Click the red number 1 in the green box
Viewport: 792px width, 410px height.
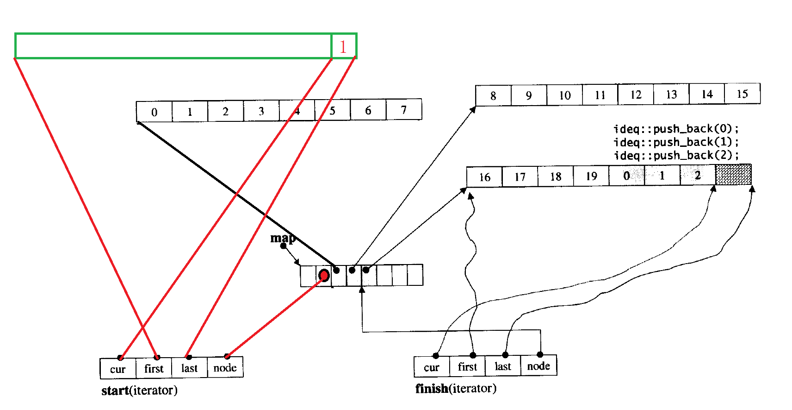(x=343, y=47)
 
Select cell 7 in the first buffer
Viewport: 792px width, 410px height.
(x=403, y=110)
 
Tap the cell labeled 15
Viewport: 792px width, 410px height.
(x=742, y=94)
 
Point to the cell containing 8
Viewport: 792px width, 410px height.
(x=493, y=95)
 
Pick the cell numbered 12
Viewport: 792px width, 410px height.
(x=636, y=95)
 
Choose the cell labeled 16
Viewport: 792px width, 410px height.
(x=484, y=177)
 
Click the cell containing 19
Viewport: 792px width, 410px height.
(x=591, y=176)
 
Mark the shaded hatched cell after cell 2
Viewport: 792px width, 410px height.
(x=733, y=175)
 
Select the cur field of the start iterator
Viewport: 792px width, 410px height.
(x=118, y=369)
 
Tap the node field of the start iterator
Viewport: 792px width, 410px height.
(x=225, y=368)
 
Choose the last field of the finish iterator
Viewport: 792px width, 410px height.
(x=503, y=366)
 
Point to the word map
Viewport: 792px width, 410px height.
(x=283, y=238)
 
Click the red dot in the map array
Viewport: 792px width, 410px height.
(x=324, y=276)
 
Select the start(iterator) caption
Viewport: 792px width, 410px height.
(x=139, y=391)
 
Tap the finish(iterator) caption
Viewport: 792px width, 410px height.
(x=456, y=388)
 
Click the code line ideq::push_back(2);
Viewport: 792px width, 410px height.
(x=676, y=155)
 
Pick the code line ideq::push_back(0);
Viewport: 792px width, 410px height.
(x=676, y=128)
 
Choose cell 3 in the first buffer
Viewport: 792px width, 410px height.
(x=261, y=111)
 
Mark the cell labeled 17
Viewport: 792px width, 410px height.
(x=520, y=177)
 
